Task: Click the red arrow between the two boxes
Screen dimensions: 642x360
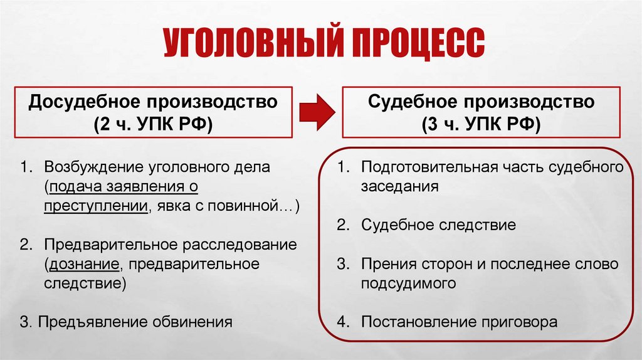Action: [317, 111]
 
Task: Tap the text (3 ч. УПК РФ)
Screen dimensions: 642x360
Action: [481, 123]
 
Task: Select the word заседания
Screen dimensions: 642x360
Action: [399, 186]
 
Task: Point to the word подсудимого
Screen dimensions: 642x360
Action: [408, 283]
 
